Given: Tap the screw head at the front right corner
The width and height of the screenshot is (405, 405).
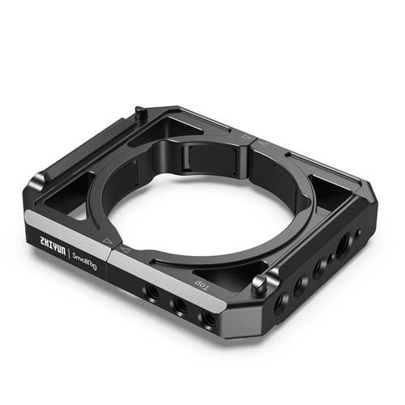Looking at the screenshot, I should pos(258,283).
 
